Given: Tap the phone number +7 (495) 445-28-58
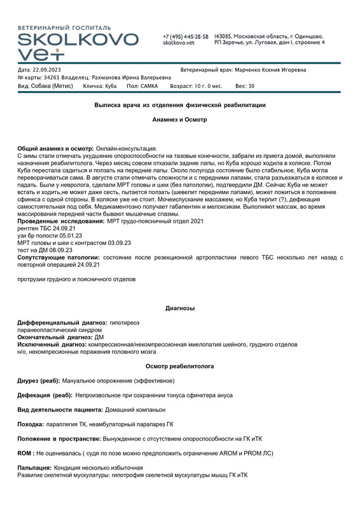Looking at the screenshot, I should point(185,36).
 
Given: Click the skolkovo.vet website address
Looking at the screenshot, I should point(178,43).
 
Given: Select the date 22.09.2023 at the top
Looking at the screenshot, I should point(48,69).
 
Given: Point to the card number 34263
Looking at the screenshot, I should point(52,77).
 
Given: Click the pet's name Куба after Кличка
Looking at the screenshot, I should point(111,85).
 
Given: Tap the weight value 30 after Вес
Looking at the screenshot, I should point(251,85).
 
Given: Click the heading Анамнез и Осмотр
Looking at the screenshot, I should point(180,119).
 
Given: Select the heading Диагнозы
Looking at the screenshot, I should point(180,308).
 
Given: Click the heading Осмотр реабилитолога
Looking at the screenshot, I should point(180,366).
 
